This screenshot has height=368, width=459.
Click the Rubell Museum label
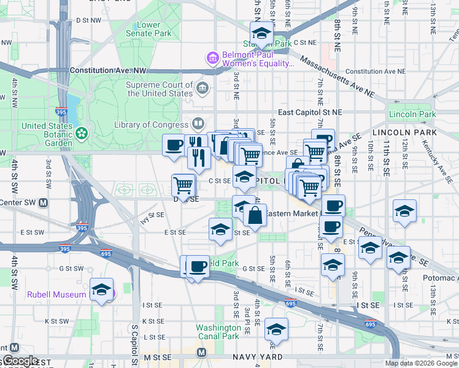[x=56, y=294]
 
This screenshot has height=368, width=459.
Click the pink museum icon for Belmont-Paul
[x=213, y=58]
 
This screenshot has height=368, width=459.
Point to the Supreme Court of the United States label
[x=160, y=90]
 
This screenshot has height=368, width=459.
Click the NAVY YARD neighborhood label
[x=257, y=356]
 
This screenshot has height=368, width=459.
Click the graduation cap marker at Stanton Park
[x=261, y=36]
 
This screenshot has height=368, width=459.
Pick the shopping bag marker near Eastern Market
[x=255, y=215]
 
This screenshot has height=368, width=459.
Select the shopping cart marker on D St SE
[x=183, y=184]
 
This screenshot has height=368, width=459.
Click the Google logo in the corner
[x=20, y=361]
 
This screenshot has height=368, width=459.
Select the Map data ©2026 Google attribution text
[x=421, y=363]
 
